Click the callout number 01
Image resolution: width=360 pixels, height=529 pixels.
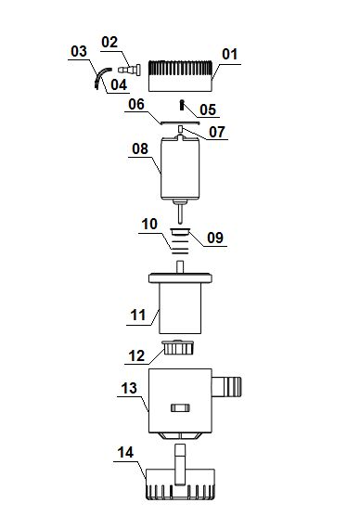point(230,55)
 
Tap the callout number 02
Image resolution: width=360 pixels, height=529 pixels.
point(109,42)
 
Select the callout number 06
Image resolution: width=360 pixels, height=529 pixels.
point(136,104)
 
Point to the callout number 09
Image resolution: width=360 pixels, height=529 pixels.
point(215,238)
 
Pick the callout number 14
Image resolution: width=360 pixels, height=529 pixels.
point(125,452)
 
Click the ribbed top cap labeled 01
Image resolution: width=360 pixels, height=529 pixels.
point(180,76)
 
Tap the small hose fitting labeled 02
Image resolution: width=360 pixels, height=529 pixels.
point(129,70)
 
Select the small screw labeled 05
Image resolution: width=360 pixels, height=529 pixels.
point(182,105)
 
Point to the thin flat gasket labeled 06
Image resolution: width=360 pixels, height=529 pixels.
point(180,123)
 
